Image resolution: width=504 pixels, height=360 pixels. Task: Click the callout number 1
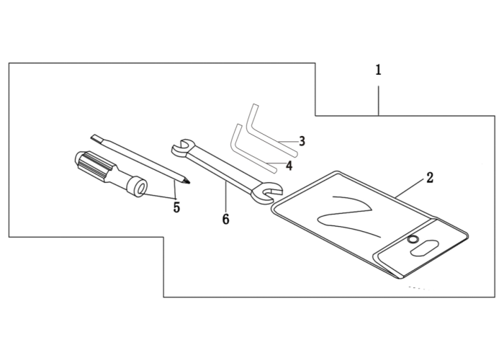click(x=378, y=70)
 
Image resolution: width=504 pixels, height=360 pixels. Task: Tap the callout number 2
click(x=430, y=177)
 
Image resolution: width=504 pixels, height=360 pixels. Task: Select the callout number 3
click(x=302, y=141)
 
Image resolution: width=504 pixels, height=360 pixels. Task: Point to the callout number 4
click(x=289, y=166)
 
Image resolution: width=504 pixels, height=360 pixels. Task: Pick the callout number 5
click(x=176, y=207)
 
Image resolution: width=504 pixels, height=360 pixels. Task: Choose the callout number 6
click(x=225, y=219)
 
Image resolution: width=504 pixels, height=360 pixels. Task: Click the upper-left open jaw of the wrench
click(x=181, y=147)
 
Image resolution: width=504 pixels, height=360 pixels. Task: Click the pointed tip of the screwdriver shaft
click(x=189, y=183)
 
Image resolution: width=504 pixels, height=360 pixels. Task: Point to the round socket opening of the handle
click(x=140, y=189)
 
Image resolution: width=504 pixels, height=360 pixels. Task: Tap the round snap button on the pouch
click(x=412, y=240)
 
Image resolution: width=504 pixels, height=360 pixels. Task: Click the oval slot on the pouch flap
click(x=424, y=248)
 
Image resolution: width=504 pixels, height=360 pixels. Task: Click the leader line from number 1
click(x=378, y=100)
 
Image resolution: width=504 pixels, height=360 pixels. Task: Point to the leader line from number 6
click(x=225, y=196)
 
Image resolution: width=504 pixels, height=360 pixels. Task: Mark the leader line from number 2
click(x=410, y=189)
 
